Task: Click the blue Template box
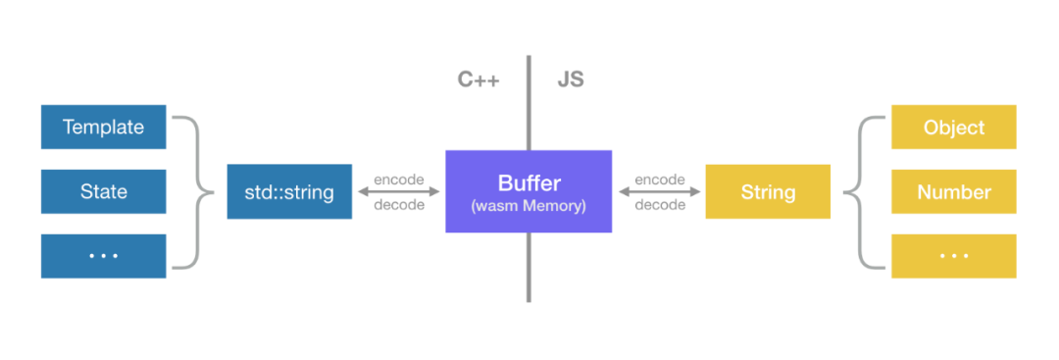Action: [103, 128]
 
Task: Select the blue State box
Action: [103, 191]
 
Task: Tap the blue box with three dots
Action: [103, 255]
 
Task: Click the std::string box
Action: [289, 191]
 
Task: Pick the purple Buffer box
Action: [529, 191]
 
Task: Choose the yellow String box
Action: [768, 191]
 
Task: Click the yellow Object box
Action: [954, 128]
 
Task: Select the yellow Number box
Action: [954, 191]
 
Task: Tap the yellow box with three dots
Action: [954, 255]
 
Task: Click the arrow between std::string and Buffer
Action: [399, 192]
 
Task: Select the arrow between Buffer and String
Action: [659, 192]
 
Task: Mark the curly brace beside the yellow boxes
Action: [862, 191]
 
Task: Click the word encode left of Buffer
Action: [399, 180]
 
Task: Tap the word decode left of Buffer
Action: [399, 205]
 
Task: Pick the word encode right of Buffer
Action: [660, 180]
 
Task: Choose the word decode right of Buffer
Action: [660, 205]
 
